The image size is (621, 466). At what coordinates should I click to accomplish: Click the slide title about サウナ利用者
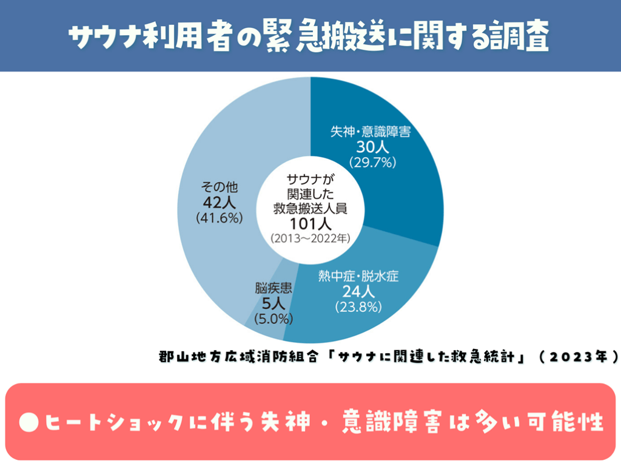(310, 38)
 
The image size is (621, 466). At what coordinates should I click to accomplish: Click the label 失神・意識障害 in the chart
(371, 132)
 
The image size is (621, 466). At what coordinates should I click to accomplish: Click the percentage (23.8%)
(358, 307)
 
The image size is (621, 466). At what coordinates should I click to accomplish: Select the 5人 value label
(274, 302)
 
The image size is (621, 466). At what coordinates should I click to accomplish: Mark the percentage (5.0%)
(274, 317)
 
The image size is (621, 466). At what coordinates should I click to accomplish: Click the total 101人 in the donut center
(310, 223)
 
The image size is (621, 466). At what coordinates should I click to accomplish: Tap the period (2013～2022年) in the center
(310, 238)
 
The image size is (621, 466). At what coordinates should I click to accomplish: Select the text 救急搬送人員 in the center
(310, 208)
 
